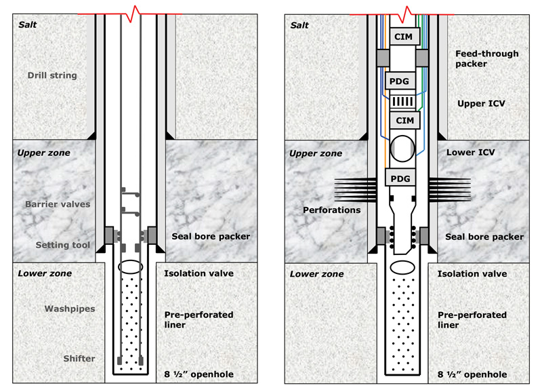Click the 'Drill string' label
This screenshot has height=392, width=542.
[x=52, y=75]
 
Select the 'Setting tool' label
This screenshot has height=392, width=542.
[x=56, y=245]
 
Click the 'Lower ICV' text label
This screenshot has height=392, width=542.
[x=469, y=153]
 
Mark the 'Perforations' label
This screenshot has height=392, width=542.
[x=332, y=210]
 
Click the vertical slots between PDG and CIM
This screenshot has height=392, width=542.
[x=402, y=101]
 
